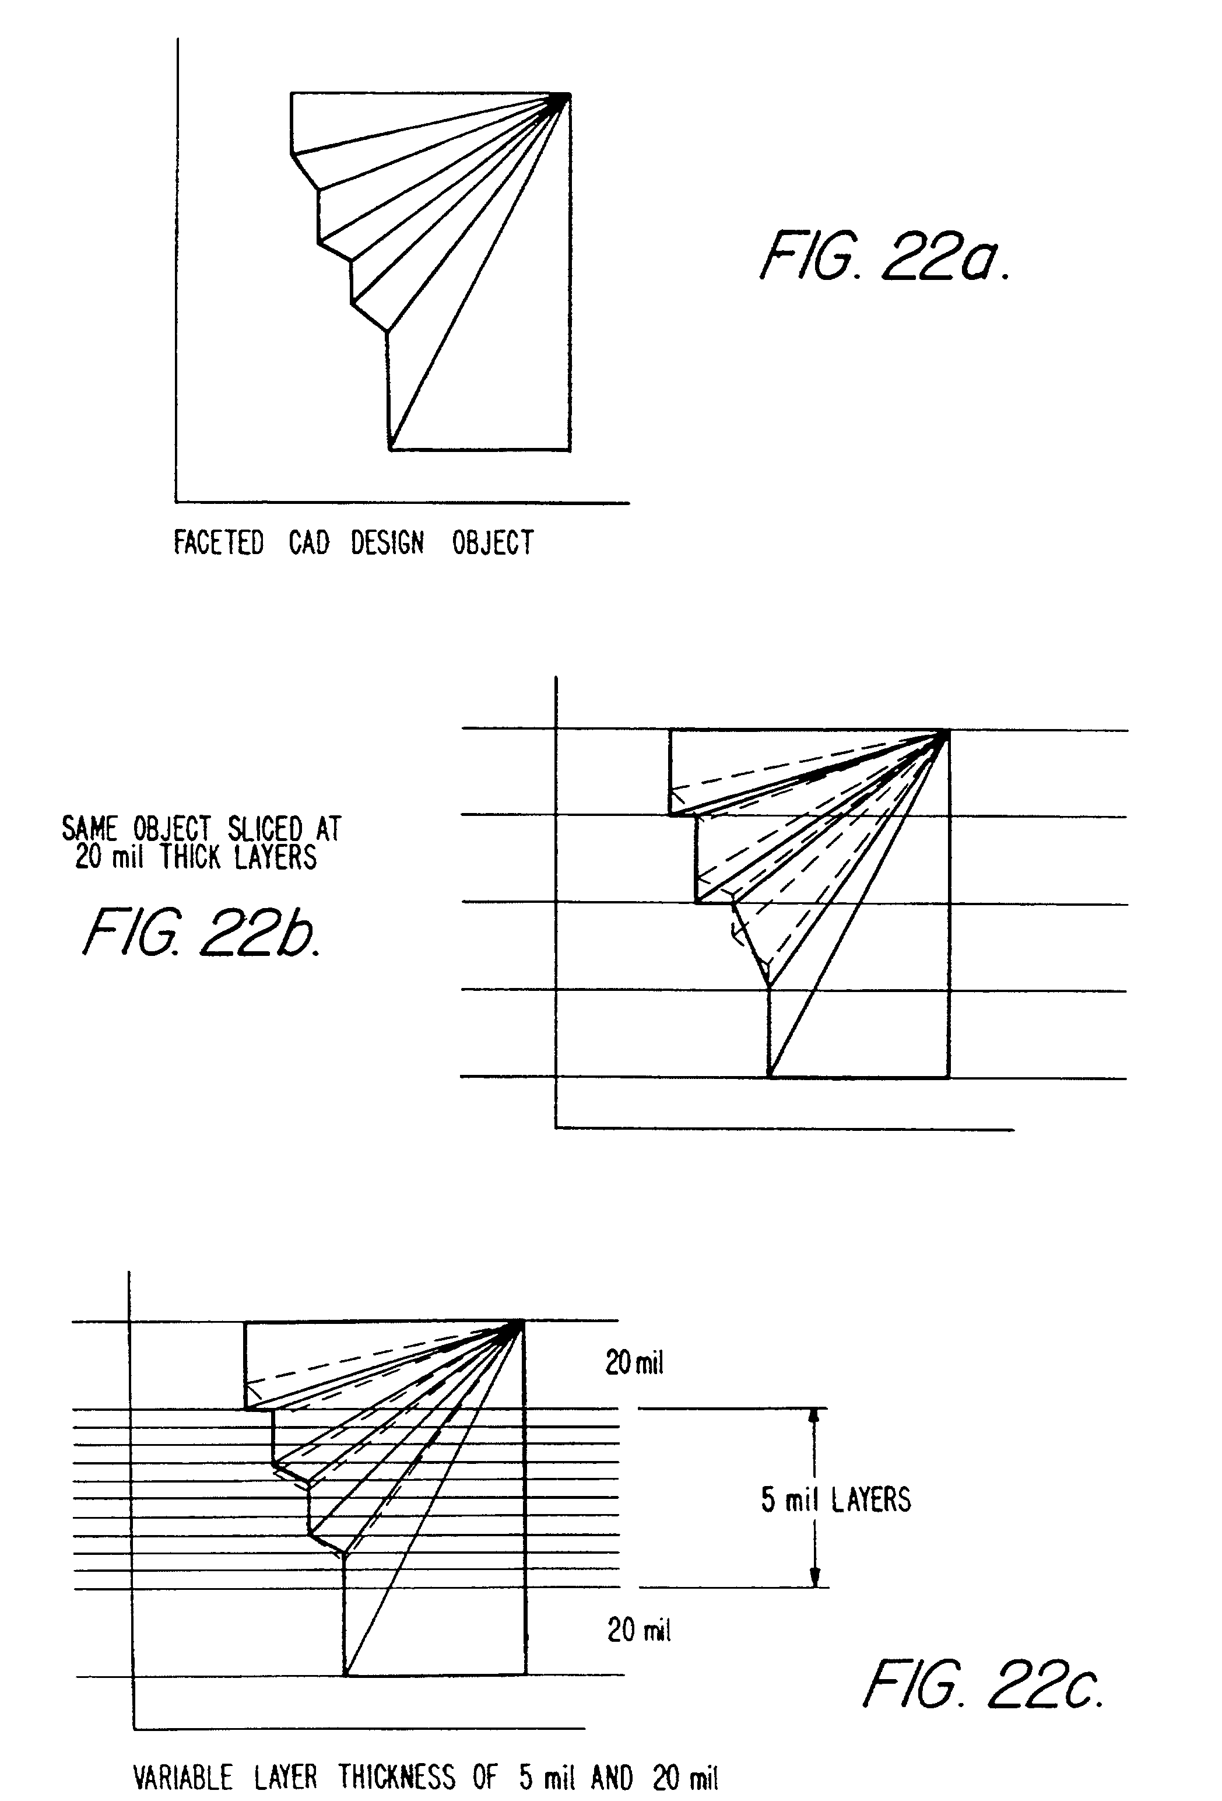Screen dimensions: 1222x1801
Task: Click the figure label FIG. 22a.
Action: [885, 255]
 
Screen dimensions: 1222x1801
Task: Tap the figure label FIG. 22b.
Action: [201, 932]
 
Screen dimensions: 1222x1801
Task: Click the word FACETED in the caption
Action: [219, 542]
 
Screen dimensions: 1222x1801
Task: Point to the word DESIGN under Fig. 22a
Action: [388, 542]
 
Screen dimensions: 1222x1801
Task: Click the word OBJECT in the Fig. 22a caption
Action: [493, 542]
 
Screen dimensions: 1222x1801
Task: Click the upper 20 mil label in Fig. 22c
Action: [634, 1384]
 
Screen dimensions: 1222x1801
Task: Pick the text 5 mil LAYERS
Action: [835, 1499]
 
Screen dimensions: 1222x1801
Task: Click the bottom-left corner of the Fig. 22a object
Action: [390, 449]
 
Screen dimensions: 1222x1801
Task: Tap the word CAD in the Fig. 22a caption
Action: [308, 542]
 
